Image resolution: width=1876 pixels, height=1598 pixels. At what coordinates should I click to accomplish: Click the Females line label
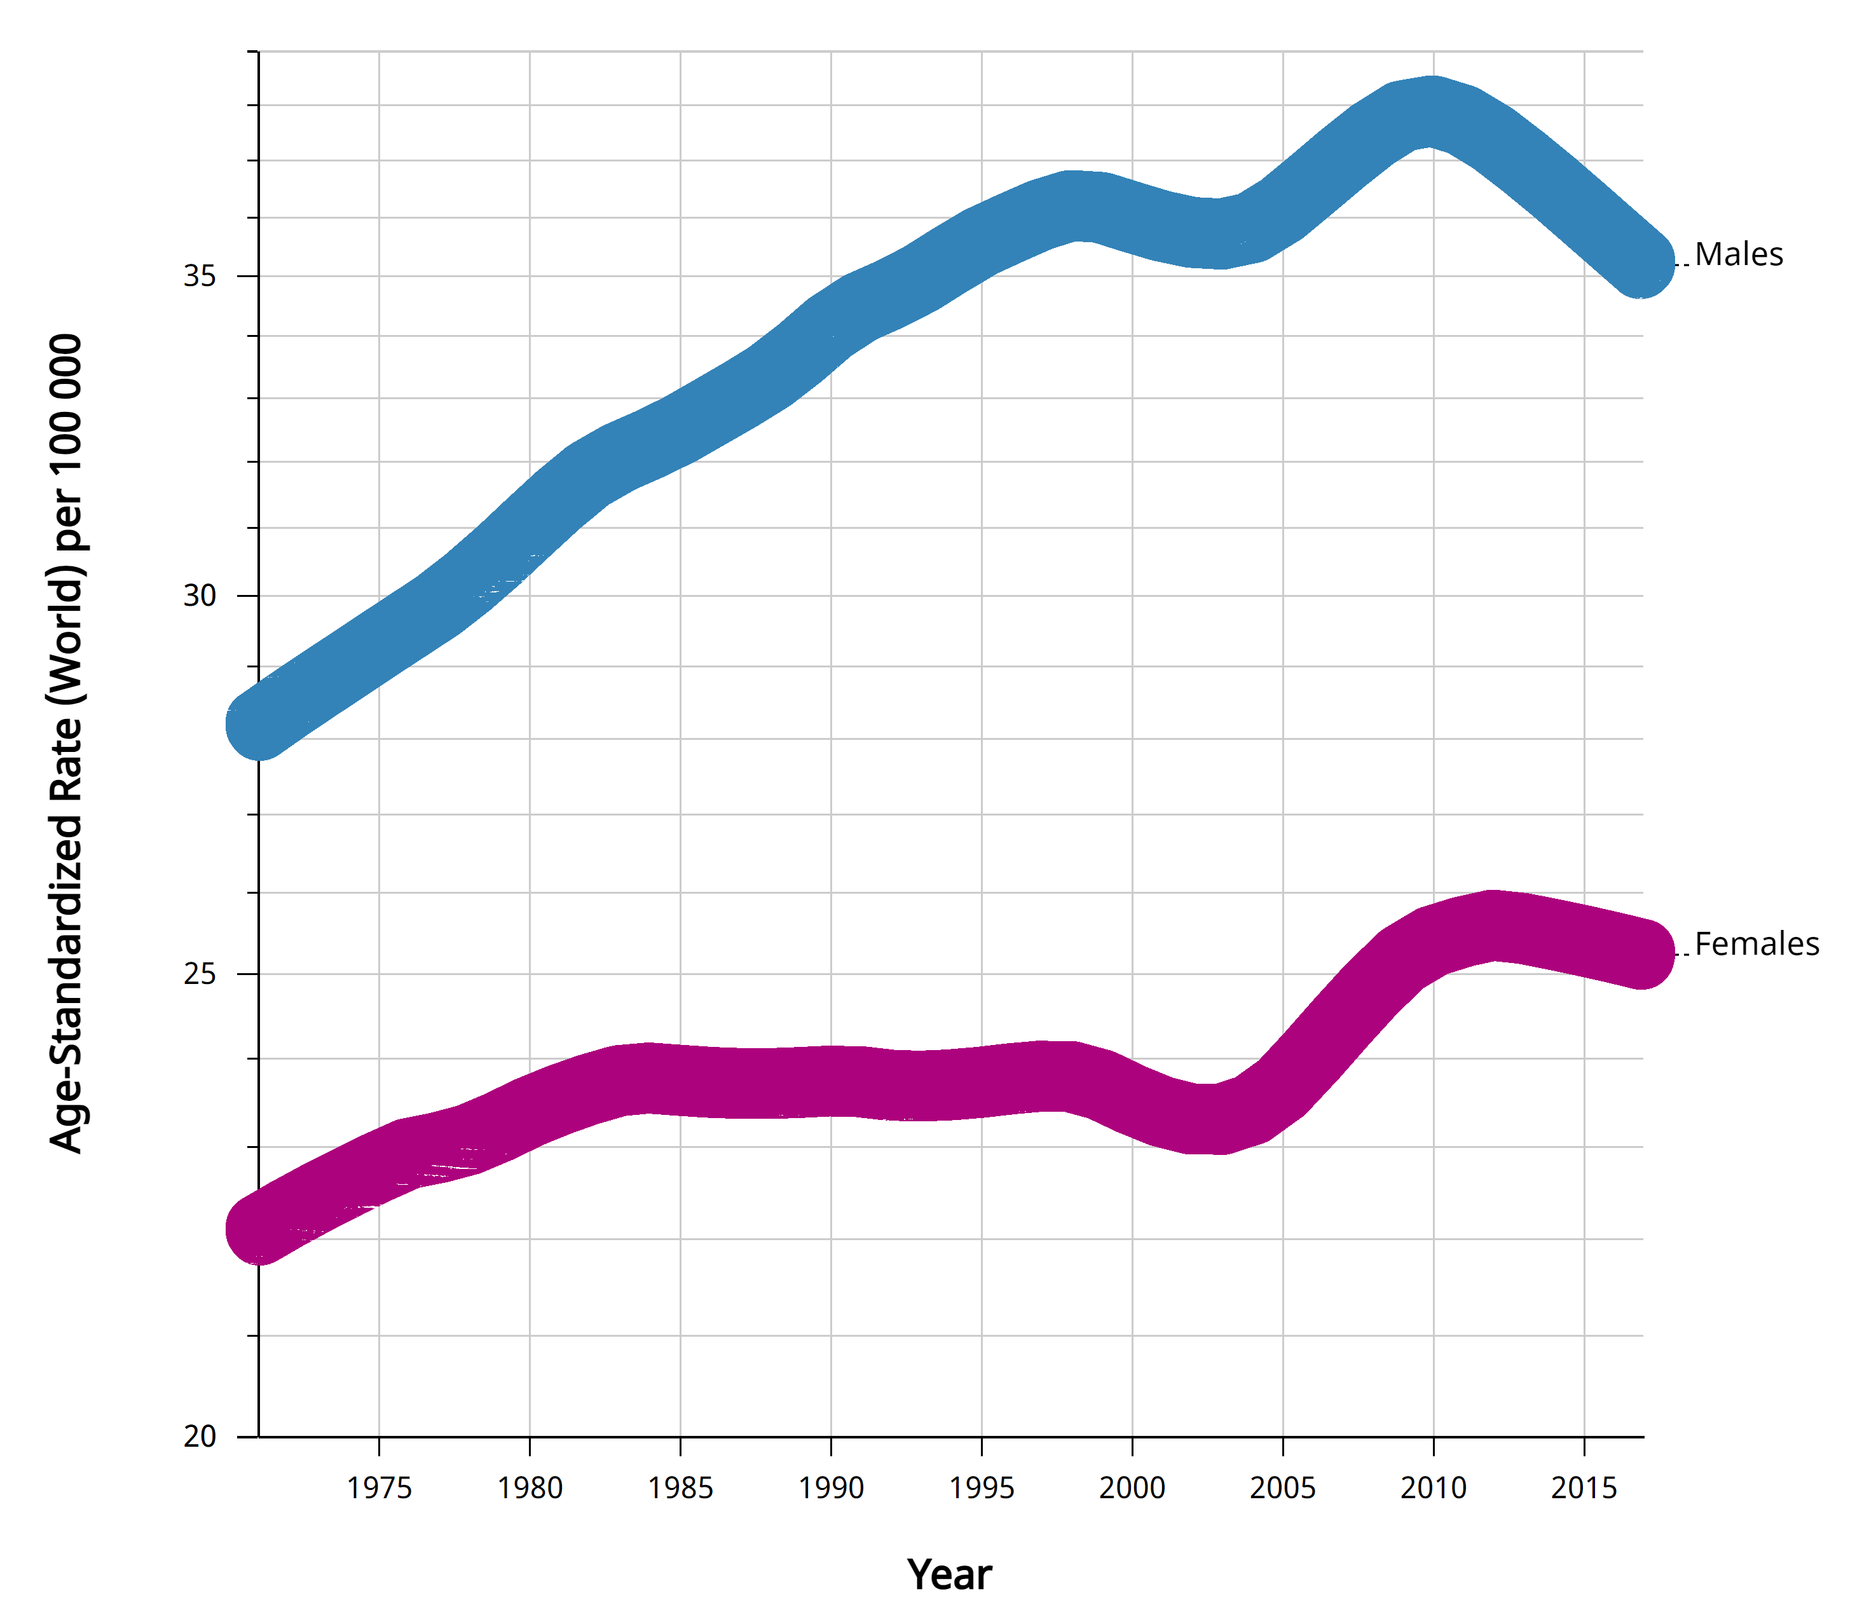point(1756,945)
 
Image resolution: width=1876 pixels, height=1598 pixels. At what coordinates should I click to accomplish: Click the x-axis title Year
point(949,1574)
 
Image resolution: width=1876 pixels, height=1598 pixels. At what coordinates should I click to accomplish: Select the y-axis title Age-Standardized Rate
point(65,742)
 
